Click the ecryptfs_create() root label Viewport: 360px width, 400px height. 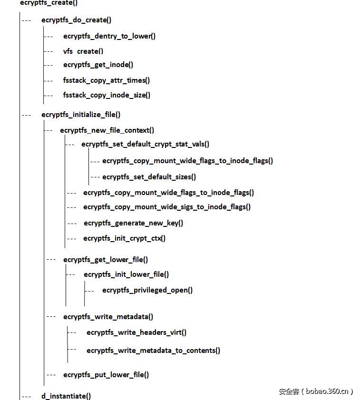pyautogui.click(x=49, y=3)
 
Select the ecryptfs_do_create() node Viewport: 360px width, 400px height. pyautogui.click(x=77, y=20)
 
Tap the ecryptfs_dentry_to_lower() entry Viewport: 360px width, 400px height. pyautogui.click(x=109, y=36)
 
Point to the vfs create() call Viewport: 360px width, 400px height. pyautogui.click(x=83, y=51)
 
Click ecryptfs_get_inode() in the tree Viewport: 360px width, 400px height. pyautogui.click(x=98, y=65)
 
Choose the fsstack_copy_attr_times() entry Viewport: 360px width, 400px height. pyautogui.click(x=107, y=80)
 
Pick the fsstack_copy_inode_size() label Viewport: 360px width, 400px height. pyautogui.click(x=107, y=95)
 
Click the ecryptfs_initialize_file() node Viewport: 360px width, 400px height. pyautogui.click(x=81, y=115)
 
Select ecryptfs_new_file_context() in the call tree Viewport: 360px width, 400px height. pyautogui.click(x=107, y=130)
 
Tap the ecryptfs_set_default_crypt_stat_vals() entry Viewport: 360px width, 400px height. pyautogui.click(x=146, y=144)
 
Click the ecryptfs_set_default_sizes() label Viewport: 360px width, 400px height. pyautogui.click(x=149, y=177)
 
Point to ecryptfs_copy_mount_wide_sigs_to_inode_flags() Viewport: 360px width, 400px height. pyautogui.click(x=167, y=207)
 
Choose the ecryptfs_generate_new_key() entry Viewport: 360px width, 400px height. pyautogui.click(x=134, y=223)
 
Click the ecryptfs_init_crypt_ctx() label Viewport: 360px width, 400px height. pyautogui.click(x=125, y=238)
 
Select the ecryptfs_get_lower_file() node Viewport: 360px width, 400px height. pyautogui.click(x=106, y=260)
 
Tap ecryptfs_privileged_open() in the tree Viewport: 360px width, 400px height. pyautogui.click(x=147, y=290)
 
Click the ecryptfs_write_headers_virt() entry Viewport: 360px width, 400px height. pyautogui.click(x=136, y=332)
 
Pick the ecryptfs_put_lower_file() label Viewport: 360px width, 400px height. pyautogui.click(x=106, y=375)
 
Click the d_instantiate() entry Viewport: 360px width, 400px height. pyautogui.click(x=66, y=396)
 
